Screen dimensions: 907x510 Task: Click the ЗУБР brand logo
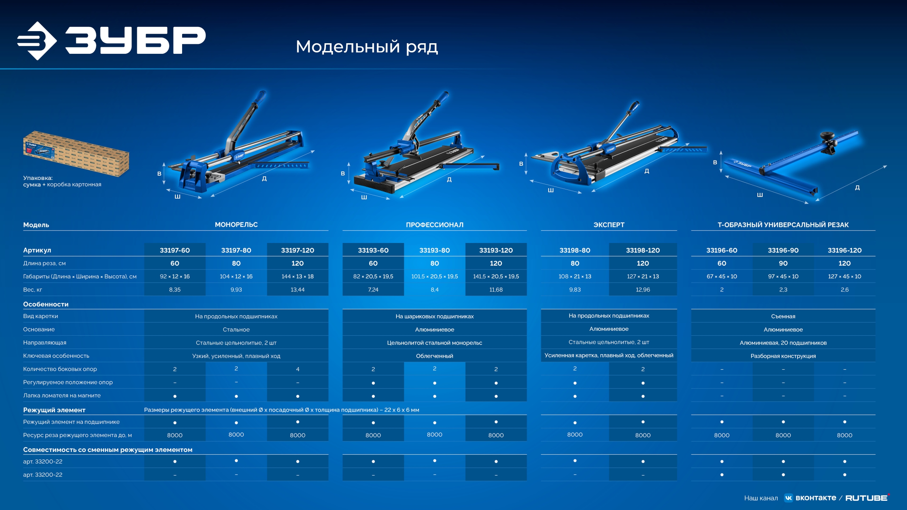(x=111, y=41)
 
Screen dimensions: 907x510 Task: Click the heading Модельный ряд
(x=367, y=47)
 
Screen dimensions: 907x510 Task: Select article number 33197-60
(x=175, y=250)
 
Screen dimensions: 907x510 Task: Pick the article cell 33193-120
(x=496, y=250)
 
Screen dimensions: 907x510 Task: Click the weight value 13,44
(x=298, y=290)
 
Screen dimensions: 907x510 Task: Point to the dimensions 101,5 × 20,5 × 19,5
(x=434, y=276)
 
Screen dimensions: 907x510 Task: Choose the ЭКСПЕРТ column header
(x=609, y=225)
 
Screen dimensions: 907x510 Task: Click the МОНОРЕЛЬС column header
(x=236, y=225)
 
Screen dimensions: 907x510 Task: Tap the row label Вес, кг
(x=33, y=290)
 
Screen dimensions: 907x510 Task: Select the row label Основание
(x=39, y=329)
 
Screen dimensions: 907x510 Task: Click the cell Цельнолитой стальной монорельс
(x=434, y=343)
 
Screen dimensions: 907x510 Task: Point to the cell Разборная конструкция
(x=783, y=356)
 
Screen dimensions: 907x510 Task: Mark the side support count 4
(x=298, y=369)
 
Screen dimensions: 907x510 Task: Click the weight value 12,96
(x=643, y=290)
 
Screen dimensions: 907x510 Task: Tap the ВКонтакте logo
(x=810, y=498)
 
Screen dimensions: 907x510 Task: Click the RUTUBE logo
(x=867, y=498)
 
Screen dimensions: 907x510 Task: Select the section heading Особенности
(x=46, y=304)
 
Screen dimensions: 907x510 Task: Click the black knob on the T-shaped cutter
(x=827, y=136)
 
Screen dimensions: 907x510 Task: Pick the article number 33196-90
(x=783, y=250)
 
